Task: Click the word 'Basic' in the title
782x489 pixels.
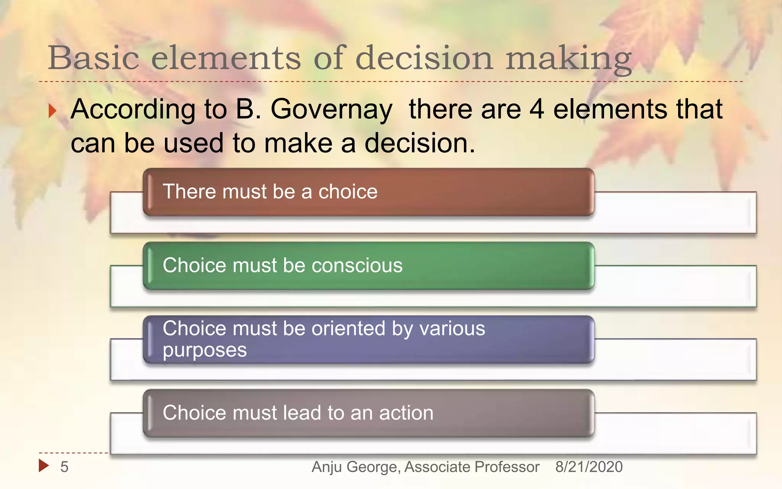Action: point(93,58)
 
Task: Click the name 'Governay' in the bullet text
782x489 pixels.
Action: point(331,110)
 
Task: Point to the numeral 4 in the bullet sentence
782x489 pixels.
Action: point(536,109)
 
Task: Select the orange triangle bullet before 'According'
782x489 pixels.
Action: point(52,111)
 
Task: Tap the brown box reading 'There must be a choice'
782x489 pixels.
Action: point(368,192)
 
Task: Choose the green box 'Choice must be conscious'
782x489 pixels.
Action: point(368,266)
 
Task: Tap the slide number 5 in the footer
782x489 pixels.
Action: point(64,467)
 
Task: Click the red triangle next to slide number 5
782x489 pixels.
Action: point(44,465)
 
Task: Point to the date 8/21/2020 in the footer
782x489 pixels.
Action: point(589,467)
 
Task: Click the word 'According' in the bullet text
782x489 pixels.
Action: point(133,110)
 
